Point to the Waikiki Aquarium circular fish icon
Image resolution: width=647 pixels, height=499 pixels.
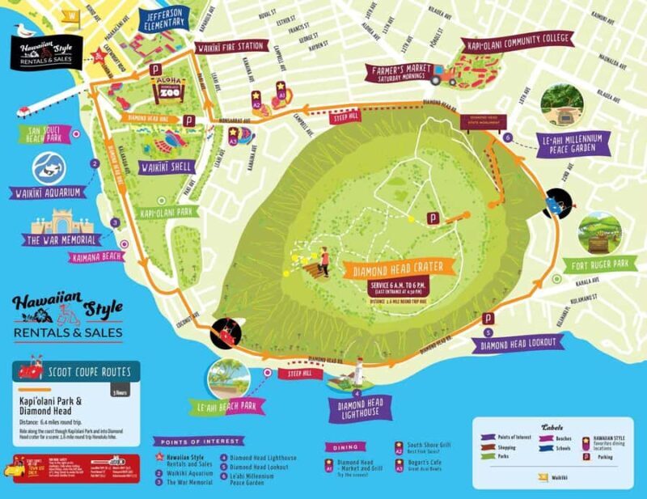click(49, 168)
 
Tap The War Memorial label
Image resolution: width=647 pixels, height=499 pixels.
click(63, 240)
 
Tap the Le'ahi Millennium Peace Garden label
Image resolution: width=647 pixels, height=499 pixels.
click(571, 145)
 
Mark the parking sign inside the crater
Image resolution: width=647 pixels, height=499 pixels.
click(433, 218)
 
